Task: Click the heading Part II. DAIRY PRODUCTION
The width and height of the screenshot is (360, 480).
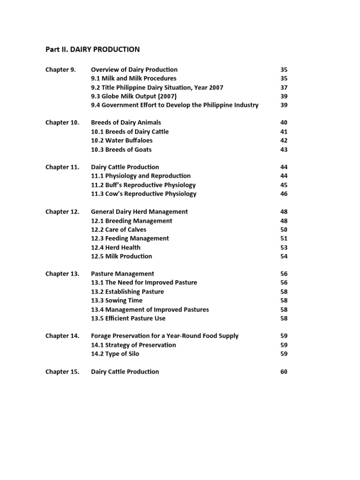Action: [92, 49]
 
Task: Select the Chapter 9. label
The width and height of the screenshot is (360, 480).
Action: [60, 70]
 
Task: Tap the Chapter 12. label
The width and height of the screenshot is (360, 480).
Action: [62, 212]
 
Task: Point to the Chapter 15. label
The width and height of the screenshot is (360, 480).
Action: [62, 372]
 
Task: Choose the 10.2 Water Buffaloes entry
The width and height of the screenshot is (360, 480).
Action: [121, 141]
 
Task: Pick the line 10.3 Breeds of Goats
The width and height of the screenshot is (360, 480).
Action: [121, 150]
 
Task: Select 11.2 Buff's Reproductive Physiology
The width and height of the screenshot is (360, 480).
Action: [143, 185]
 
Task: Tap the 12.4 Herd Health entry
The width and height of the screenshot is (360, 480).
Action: [115, 247]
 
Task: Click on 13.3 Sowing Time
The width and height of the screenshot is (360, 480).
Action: [116, 300]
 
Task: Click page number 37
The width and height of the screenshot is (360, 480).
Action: [284, 88]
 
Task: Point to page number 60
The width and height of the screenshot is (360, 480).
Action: [284, 372]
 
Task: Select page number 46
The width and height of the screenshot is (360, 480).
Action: [284, 194]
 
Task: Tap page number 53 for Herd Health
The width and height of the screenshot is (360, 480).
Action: [284, 247]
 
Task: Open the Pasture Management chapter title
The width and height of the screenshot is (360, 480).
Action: [122, 274]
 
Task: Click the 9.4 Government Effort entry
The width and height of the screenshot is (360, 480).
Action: [174, 105]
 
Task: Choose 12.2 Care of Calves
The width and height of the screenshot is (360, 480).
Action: [119, 230]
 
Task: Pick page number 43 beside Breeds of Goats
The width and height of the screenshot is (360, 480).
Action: [284, 150]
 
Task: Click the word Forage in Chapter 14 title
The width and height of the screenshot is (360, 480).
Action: [101, 336]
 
